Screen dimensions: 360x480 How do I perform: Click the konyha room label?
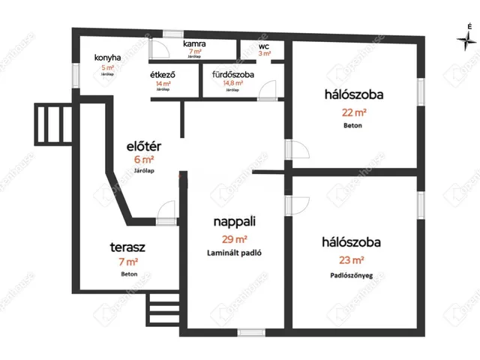[x=108, y=58]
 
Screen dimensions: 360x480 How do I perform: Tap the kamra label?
[x=195, y=44]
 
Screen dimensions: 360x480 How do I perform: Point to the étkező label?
[x=163, y=74]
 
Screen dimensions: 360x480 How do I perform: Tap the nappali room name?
[x=235, y=221]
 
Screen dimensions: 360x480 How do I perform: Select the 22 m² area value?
[x=353, y=113]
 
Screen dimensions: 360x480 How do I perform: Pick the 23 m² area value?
[x=352, y=260]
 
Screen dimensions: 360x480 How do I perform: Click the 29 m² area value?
[x=235, y=239]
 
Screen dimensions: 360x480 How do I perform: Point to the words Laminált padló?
[x=235, y=253]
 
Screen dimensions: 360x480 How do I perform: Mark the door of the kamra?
[x=159, y=48]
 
